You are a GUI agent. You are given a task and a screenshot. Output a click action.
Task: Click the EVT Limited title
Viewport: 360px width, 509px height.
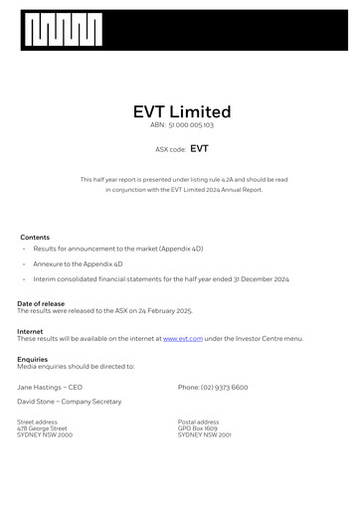point(181,112)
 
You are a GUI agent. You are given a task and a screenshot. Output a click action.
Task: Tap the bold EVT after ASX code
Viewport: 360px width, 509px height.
point(199,149)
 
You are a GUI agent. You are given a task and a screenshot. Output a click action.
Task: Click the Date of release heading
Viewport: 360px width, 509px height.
point(41,303)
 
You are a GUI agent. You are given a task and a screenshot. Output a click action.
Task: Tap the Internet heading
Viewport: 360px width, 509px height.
point(30,331)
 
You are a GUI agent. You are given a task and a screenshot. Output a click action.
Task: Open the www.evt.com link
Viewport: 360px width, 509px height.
point(183,339)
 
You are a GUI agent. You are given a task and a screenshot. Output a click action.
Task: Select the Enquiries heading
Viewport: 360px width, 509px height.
point(33,359)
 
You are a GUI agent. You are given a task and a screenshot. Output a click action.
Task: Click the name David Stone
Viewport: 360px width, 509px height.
point(40,402)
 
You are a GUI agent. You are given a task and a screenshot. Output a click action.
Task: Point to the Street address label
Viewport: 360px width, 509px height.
point(38,422)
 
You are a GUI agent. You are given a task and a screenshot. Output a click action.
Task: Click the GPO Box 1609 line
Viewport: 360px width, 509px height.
point(197,428)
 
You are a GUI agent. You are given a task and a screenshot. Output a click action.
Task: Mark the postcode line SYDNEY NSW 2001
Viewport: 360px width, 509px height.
point(205,435)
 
